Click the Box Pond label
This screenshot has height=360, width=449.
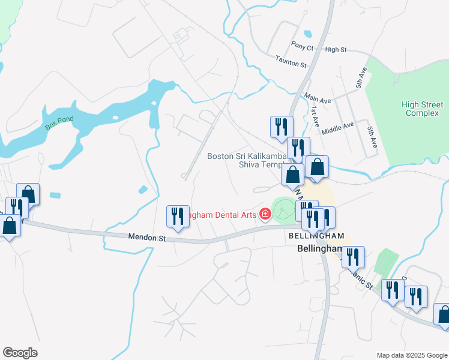point(59,124)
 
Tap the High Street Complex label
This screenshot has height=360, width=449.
point(423,109)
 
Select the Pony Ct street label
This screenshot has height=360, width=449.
point(302,46)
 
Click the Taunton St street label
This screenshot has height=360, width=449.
point(291,61)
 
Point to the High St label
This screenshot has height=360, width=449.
point(336,50)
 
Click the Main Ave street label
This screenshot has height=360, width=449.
point(318,97)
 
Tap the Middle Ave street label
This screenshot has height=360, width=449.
point(337,128)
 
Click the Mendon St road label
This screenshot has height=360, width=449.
point(146,238)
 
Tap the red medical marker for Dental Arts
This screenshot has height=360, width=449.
point(264,214)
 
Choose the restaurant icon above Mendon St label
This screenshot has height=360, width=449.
point(177,216)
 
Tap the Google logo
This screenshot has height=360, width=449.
point(20,353)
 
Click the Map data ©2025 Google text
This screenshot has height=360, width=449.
point(411,355)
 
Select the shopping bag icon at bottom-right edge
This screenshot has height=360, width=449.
point(444,316)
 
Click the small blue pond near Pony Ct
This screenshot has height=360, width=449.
point(308,33)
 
